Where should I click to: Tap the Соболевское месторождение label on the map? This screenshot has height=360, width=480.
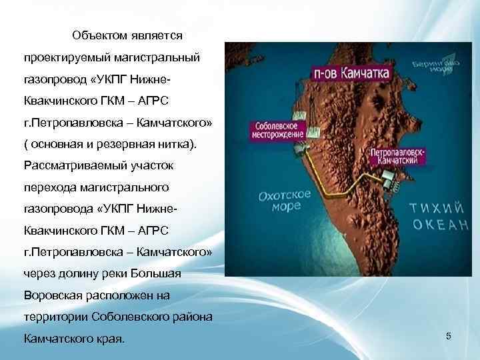tap(278, 129)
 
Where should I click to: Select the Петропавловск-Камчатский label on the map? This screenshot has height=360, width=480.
tap(398, 155)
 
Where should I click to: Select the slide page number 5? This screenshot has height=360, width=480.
tap(449, 337)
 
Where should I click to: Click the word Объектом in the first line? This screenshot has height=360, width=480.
tap(99, 34)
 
